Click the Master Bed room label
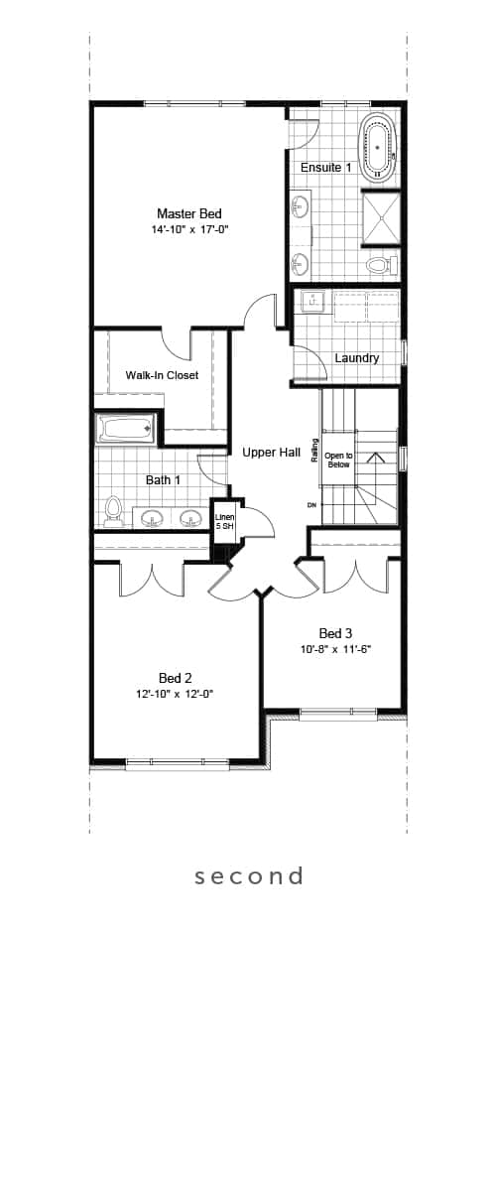click(189, 213)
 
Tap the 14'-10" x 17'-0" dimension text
click(189, 229)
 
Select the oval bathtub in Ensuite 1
click(379, 147)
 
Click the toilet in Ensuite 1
click(382, 264)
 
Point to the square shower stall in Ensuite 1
click(380, 217)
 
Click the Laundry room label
click(357, 358)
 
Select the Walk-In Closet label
click(162, 375)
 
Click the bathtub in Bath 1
click(126, 428)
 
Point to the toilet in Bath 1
click(112, 511)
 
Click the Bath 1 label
click(164, 480)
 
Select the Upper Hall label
click(271, 453)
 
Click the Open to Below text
click(338, 460)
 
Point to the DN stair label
click(311, 504)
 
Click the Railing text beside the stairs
click(315, 450)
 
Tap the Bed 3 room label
click(335, 633)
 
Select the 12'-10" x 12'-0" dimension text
click(175, 694)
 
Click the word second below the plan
click(249, 876)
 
